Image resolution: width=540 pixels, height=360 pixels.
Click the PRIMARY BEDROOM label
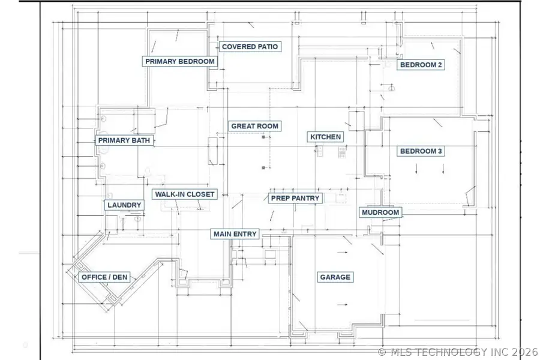click(180, 61)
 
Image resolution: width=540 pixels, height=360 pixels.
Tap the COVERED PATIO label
click(250, 47)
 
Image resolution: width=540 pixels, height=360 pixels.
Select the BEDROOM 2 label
click(421, 65)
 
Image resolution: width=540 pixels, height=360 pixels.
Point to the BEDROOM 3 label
click(421, 151)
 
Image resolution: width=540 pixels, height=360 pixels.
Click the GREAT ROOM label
click(254, 126)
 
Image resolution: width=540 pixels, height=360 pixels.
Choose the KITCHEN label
click(325, 137)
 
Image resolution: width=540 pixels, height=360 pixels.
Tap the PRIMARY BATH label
click(124, 140)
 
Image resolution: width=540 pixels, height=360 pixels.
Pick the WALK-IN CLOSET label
click(185, 194)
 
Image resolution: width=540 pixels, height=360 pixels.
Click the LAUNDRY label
click(124, 205)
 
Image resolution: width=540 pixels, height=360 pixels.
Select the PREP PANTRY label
click(295, 198)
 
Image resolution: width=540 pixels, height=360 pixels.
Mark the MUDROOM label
click(380, 212)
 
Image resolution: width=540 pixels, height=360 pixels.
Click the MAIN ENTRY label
click(235, 234)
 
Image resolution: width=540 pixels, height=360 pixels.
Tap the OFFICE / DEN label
click(104, 277)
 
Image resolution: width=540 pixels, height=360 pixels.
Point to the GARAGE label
click(335, 277)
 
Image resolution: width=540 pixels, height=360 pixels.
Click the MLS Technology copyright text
click(458, 352)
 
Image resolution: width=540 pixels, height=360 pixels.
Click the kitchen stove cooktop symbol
click(341, 152)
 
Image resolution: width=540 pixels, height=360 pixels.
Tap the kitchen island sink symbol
click(319, 151)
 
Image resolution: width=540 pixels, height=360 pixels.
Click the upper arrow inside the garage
click(343, 253)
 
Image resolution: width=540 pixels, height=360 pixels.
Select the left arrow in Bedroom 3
click(416, 169)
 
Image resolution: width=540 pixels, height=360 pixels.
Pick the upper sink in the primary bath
click(103, 119)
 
